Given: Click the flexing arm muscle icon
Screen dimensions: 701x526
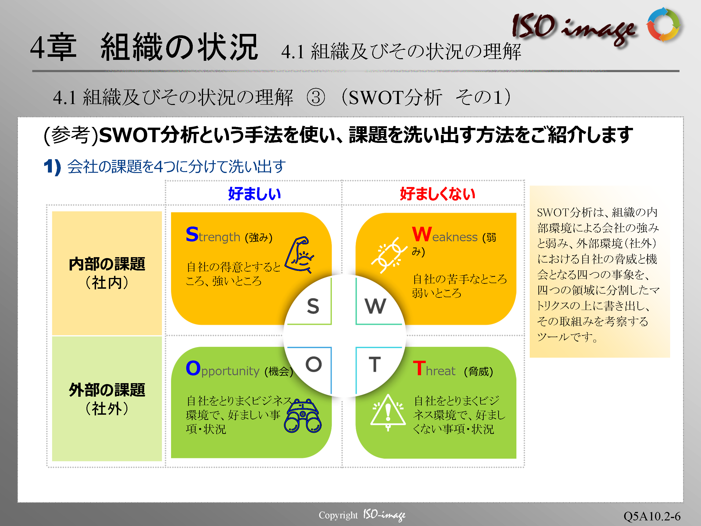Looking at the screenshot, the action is coord(300,255).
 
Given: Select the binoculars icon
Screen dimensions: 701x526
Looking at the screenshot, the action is coord(303,416).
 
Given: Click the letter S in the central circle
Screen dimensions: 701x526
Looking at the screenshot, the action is coord(313,306).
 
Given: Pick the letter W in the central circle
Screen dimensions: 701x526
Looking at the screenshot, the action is coord(376,306).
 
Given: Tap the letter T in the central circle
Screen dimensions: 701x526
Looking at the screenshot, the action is coord(375,364).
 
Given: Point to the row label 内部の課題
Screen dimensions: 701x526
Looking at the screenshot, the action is coord(107,264).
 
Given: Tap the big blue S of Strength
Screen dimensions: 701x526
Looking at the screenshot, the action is coord(192,234).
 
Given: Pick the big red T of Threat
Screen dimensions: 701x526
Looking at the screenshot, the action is coord(419,368).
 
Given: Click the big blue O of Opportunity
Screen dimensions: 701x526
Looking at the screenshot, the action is coord(193,368).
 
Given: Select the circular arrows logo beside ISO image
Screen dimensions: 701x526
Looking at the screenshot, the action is coord(663,25).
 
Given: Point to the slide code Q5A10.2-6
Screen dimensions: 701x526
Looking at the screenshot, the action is coord(652,516).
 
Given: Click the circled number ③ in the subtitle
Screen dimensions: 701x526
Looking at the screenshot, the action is coord(316,97).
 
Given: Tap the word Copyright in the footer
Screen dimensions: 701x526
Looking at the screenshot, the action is coord(338,515).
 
